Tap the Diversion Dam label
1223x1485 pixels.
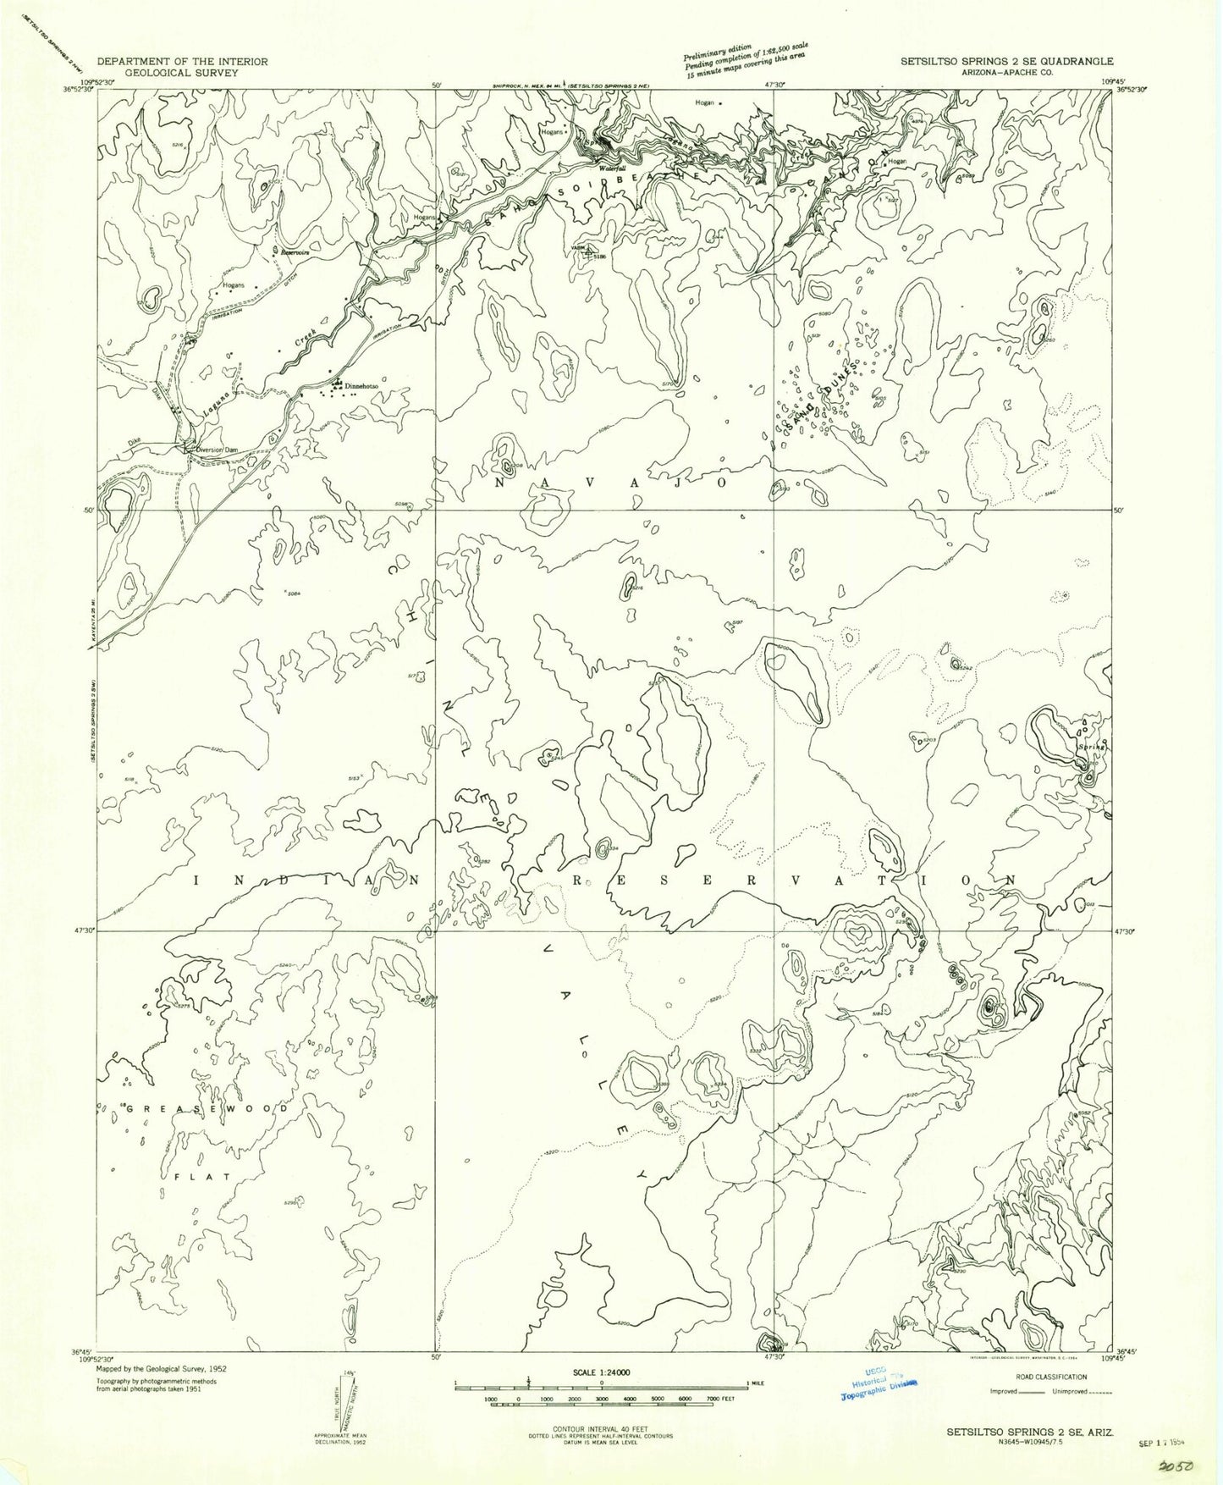coord(212,450)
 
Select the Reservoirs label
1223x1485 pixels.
coord(290,251)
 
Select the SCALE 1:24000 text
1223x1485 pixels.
coord(600,1395)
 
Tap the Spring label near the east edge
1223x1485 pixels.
coord(1089,747)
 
